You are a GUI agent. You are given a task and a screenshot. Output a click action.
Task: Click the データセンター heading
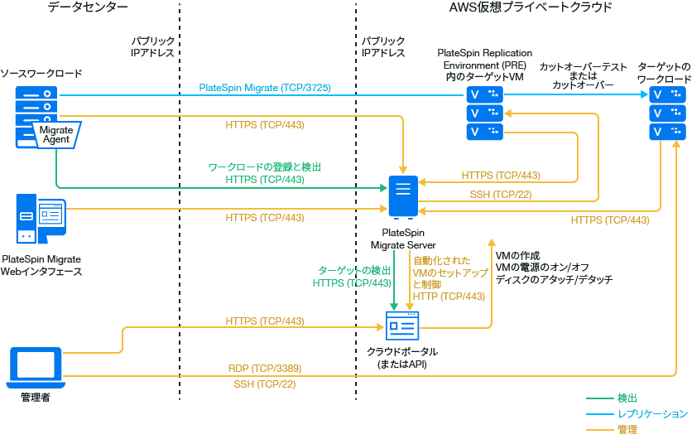88,7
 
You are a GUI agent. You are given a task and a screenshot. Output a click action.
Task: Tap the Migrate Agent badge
56,134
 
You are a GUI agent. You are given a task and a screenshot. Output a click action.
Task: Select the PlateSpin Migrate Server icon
401,197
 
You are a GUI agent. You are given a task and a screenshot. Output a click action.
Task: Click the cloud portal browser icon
403,327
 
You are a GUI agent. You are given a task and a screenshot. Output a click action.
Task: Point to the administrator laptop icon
35,368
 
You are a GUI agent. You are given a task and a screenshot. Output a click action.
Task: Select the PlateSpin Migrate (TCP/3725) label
265,87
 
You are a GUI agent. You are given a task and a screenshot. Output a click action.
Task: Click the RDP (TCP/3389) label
265,368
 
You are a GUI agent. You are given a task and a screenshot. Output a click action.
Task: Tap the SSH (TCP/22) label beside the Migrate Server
500,195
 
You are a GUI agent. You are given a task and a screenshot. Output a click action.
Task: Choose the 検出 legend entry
627,398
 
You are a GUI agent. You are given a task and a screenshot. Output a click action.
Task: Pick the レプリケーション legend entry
651,414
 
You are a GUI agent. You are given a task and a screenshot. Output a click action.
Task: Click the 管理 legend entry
627,430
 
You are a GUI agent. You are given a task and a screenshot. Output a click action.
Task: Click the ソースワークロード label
41,74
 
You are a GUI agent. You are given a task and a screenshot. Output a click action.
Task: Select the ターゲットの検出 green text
354,270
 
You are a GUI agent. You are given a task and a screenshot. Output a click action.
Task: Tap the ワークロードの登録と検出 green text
265,167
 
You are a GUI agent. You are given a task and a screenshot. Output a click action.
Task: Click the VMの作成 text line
517,254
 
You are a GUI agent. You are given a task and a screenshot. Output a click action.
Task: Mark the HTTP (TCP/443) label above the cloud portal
449,297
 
